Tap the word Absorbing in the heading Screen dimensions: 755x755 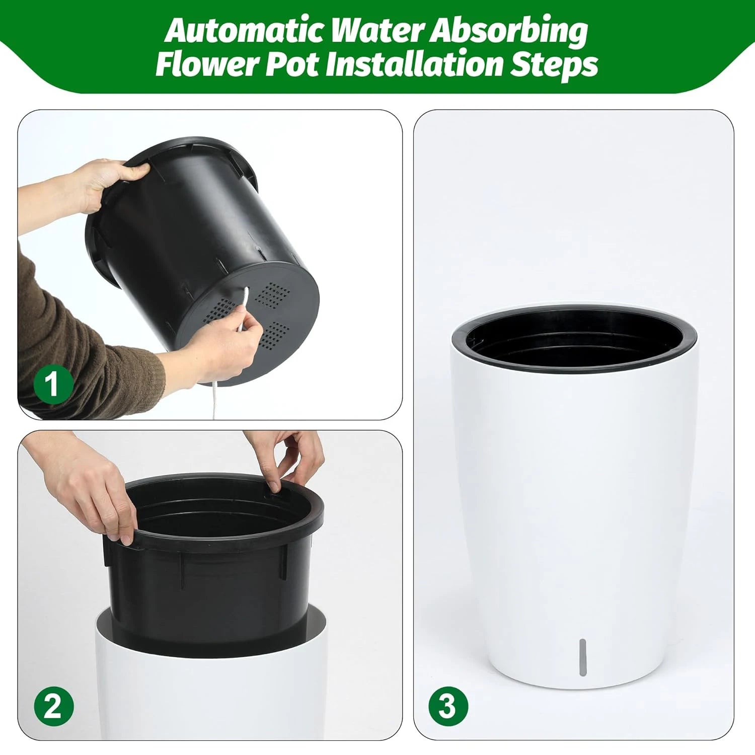[x=508, y=31]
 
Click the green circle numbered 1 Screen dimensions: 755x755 [x=53, y=385]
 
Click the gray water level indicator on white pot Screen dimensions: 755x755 [x=583, y=657]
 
